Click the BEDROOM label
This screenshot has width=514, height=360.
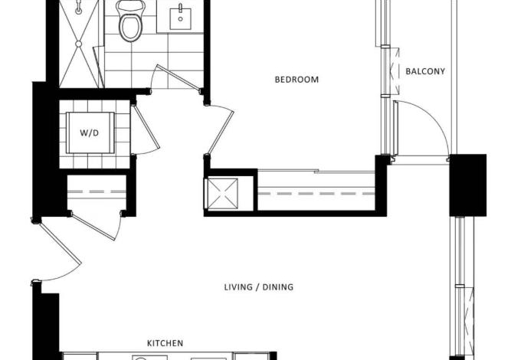click(296, 80)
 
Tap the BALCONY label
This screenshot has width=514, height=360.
click(425, 71)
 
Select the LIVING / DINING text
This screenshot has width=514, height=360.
click(259, 287)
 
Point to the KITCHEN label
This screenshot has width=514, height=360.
click(165, 343)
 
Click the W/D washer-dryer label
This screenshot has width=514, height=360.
click(89, 133)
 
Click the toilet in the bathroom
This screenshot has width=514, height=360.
click(130, 21)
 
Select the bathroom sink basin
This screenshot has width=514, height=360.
click(180, 18)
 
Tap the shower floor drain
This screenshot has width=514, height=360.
click(79, 44)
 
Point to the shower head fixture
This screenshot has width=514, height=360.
click(79, 7)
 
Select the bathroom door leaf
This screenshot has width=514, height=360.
click(178, 77)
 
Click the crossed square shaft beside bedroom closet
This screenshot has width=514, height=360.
click(223, 194)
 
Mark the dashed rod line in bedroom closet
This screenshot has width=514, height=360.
click(316, 194)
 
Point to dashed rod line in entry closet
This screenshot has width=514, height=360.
click(97, 191)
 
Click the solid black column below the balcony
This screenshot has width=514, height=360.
click(468, 185)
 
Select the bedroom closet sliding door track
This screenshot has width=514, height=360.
click(316, 171)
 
